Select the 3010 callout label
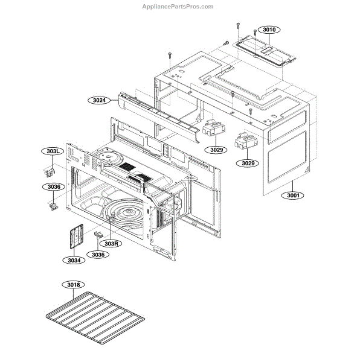268,29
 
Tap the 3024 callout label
100,101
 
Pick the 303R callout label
111,243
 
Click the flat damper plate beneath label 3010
266,48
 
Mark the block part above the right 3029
245,141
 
